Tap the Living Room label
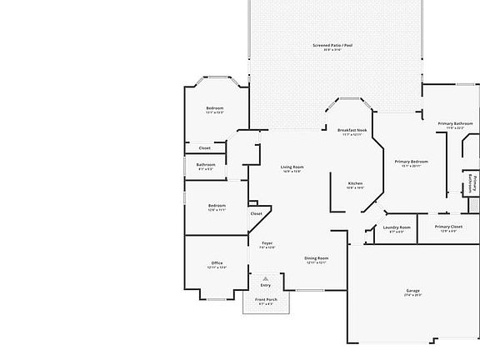click(292, 167)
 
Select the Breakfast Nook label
click(352, 131)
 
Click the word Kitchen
click(355, 183)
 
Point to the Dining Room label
click(316, 258)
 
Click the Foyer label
click(267, 243)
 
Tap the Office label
click(217, 263)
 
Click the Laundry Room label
click(397, 227)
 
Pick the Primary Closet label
click(448, 227)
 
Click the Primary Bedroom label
click(412, 162)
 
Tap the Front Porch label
click(266, 301)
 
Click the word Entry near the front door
click(266, 285)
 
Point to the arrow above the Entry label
click(266, 277)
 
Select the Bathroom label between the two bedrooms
click(206, 165)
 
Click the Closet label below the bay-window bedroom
click(204, 148)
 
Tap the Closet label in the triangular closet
click(256, 213)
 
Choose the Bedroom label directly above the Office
click(217, 206)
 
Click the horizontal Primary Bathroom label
click(455, 123)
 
